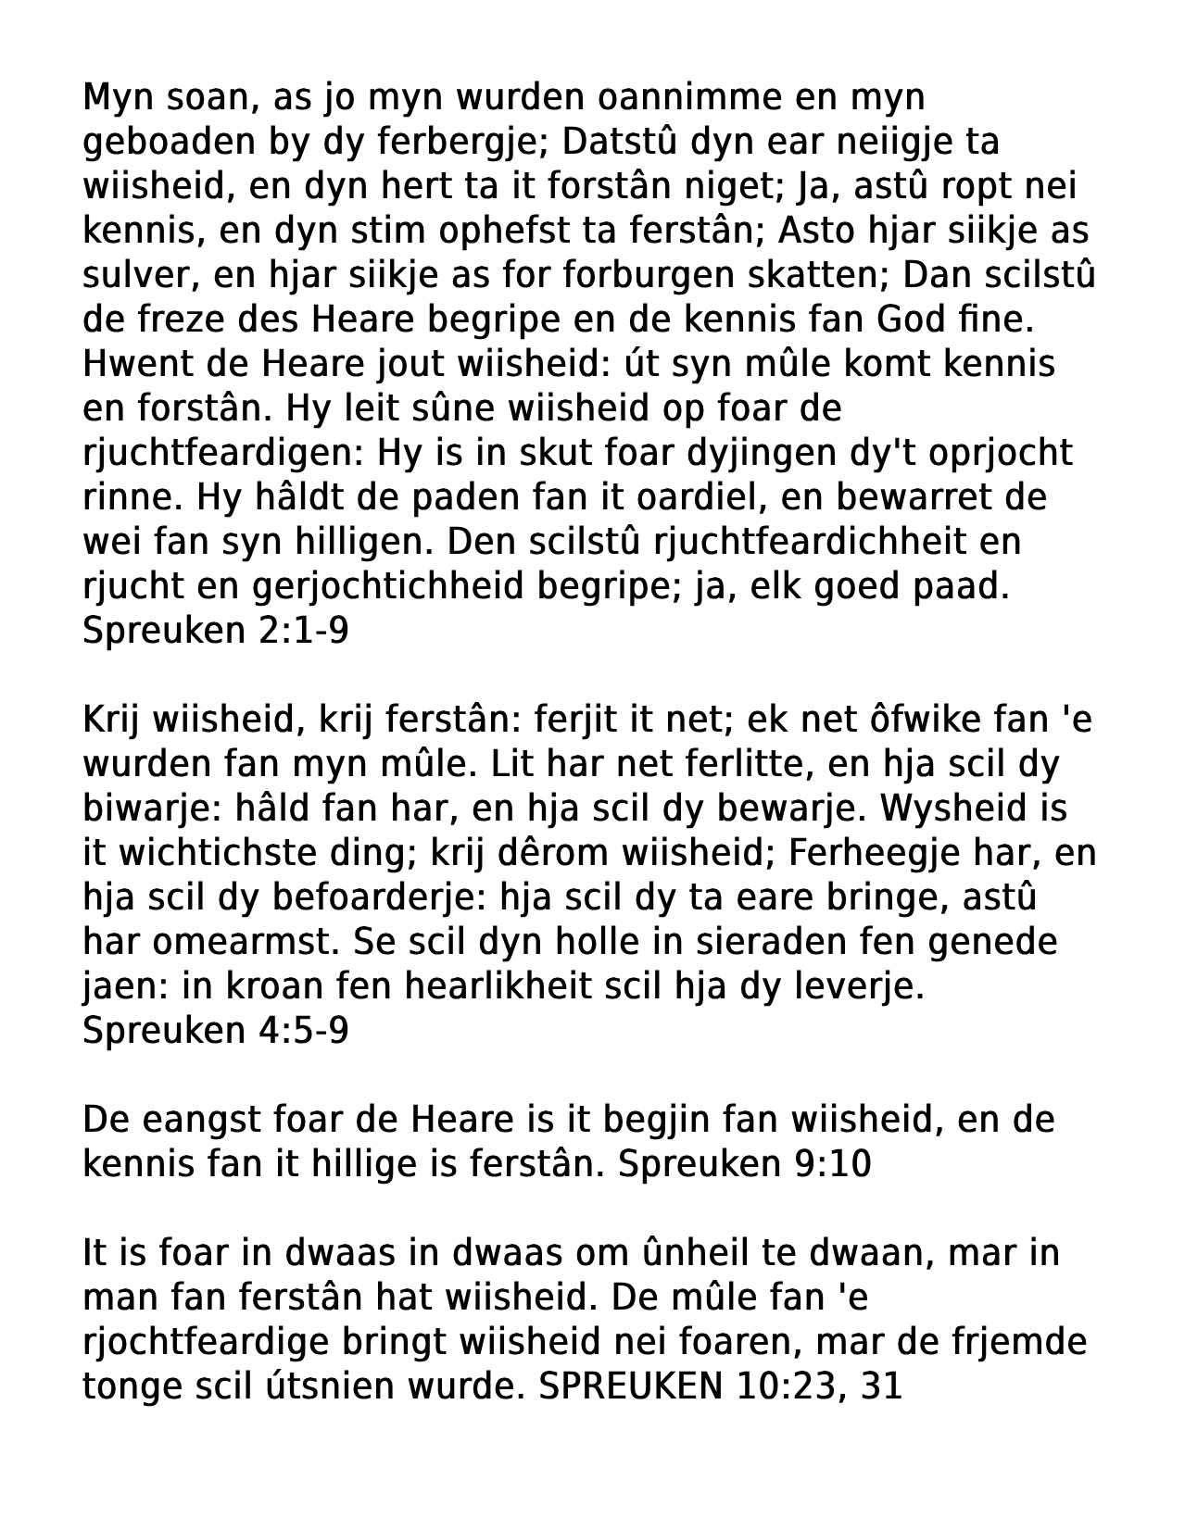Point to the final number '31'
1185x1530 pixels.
(x=881, y=1387)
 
